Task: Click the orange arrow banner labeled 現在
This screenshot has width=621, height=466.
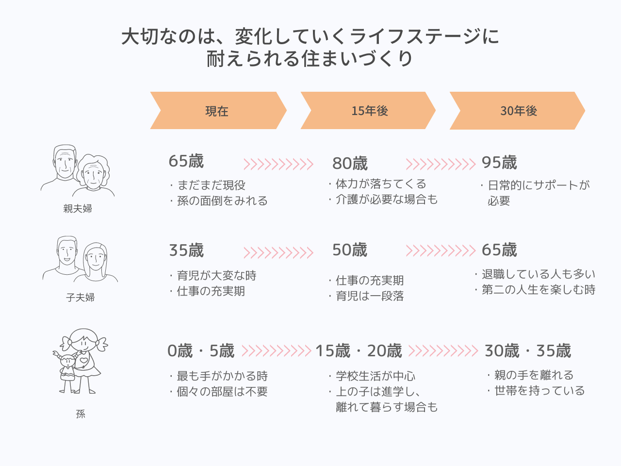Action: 218,110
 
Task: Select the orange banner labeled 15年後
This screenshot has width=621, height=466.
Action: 368,110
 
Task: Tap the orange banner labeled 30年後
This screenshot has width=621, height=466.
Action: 517,111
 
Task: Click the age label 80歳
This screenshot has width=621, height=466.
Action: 350,163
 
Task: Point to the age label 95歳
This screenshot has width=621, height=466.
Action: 499,163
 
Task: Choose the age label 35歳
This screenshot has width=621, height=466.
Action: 186,250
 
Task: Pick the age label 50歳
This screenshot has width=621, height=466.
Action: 350,250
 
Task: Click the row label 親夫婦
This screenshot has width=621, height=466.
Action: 78,209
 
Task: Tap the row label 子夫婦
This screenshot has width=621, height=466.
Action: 81,298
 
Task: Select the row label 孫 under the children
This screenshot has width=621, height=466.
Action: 81,414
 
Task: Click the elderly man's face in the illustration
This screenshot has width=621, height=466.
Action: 65,163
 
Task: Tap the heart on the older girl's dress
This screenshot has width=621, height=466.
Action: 84,361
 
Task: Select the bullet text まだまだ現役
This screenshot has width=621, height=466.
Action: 211,185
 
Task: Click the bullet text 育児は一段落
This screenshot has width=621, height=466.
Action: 370,296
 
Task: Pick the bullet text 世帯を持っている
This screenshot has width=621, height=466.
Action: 539,390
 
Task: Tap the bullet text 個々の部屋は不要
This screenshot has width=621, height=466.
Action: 222,392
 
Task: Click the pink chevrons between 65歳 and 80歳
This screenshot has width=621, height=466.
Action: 278,164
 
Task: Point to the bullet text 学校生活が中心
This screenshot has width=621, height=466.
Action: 376,376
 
